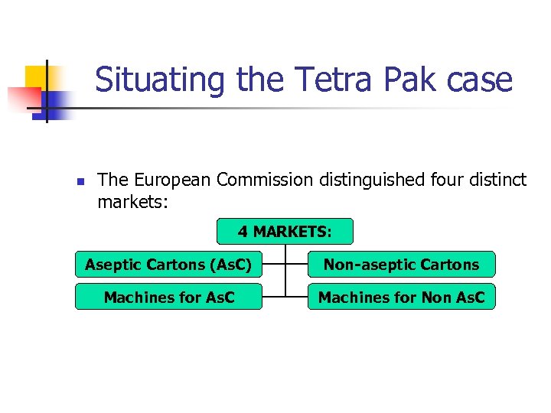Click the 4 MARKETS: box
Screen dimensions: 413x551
[x=285, y=231]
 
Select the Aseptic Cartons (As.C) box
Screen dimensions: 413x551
[x=168, y=265]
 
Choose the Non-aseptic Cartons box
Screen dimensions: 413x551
[x=401, y=265]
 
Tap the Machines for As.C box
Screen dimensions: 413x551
[x=168, y=298]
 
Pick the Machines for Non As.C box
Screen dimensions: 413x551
[x=401, y=298]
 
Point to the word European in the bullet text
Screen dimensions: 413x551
[x=173, y=180]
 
